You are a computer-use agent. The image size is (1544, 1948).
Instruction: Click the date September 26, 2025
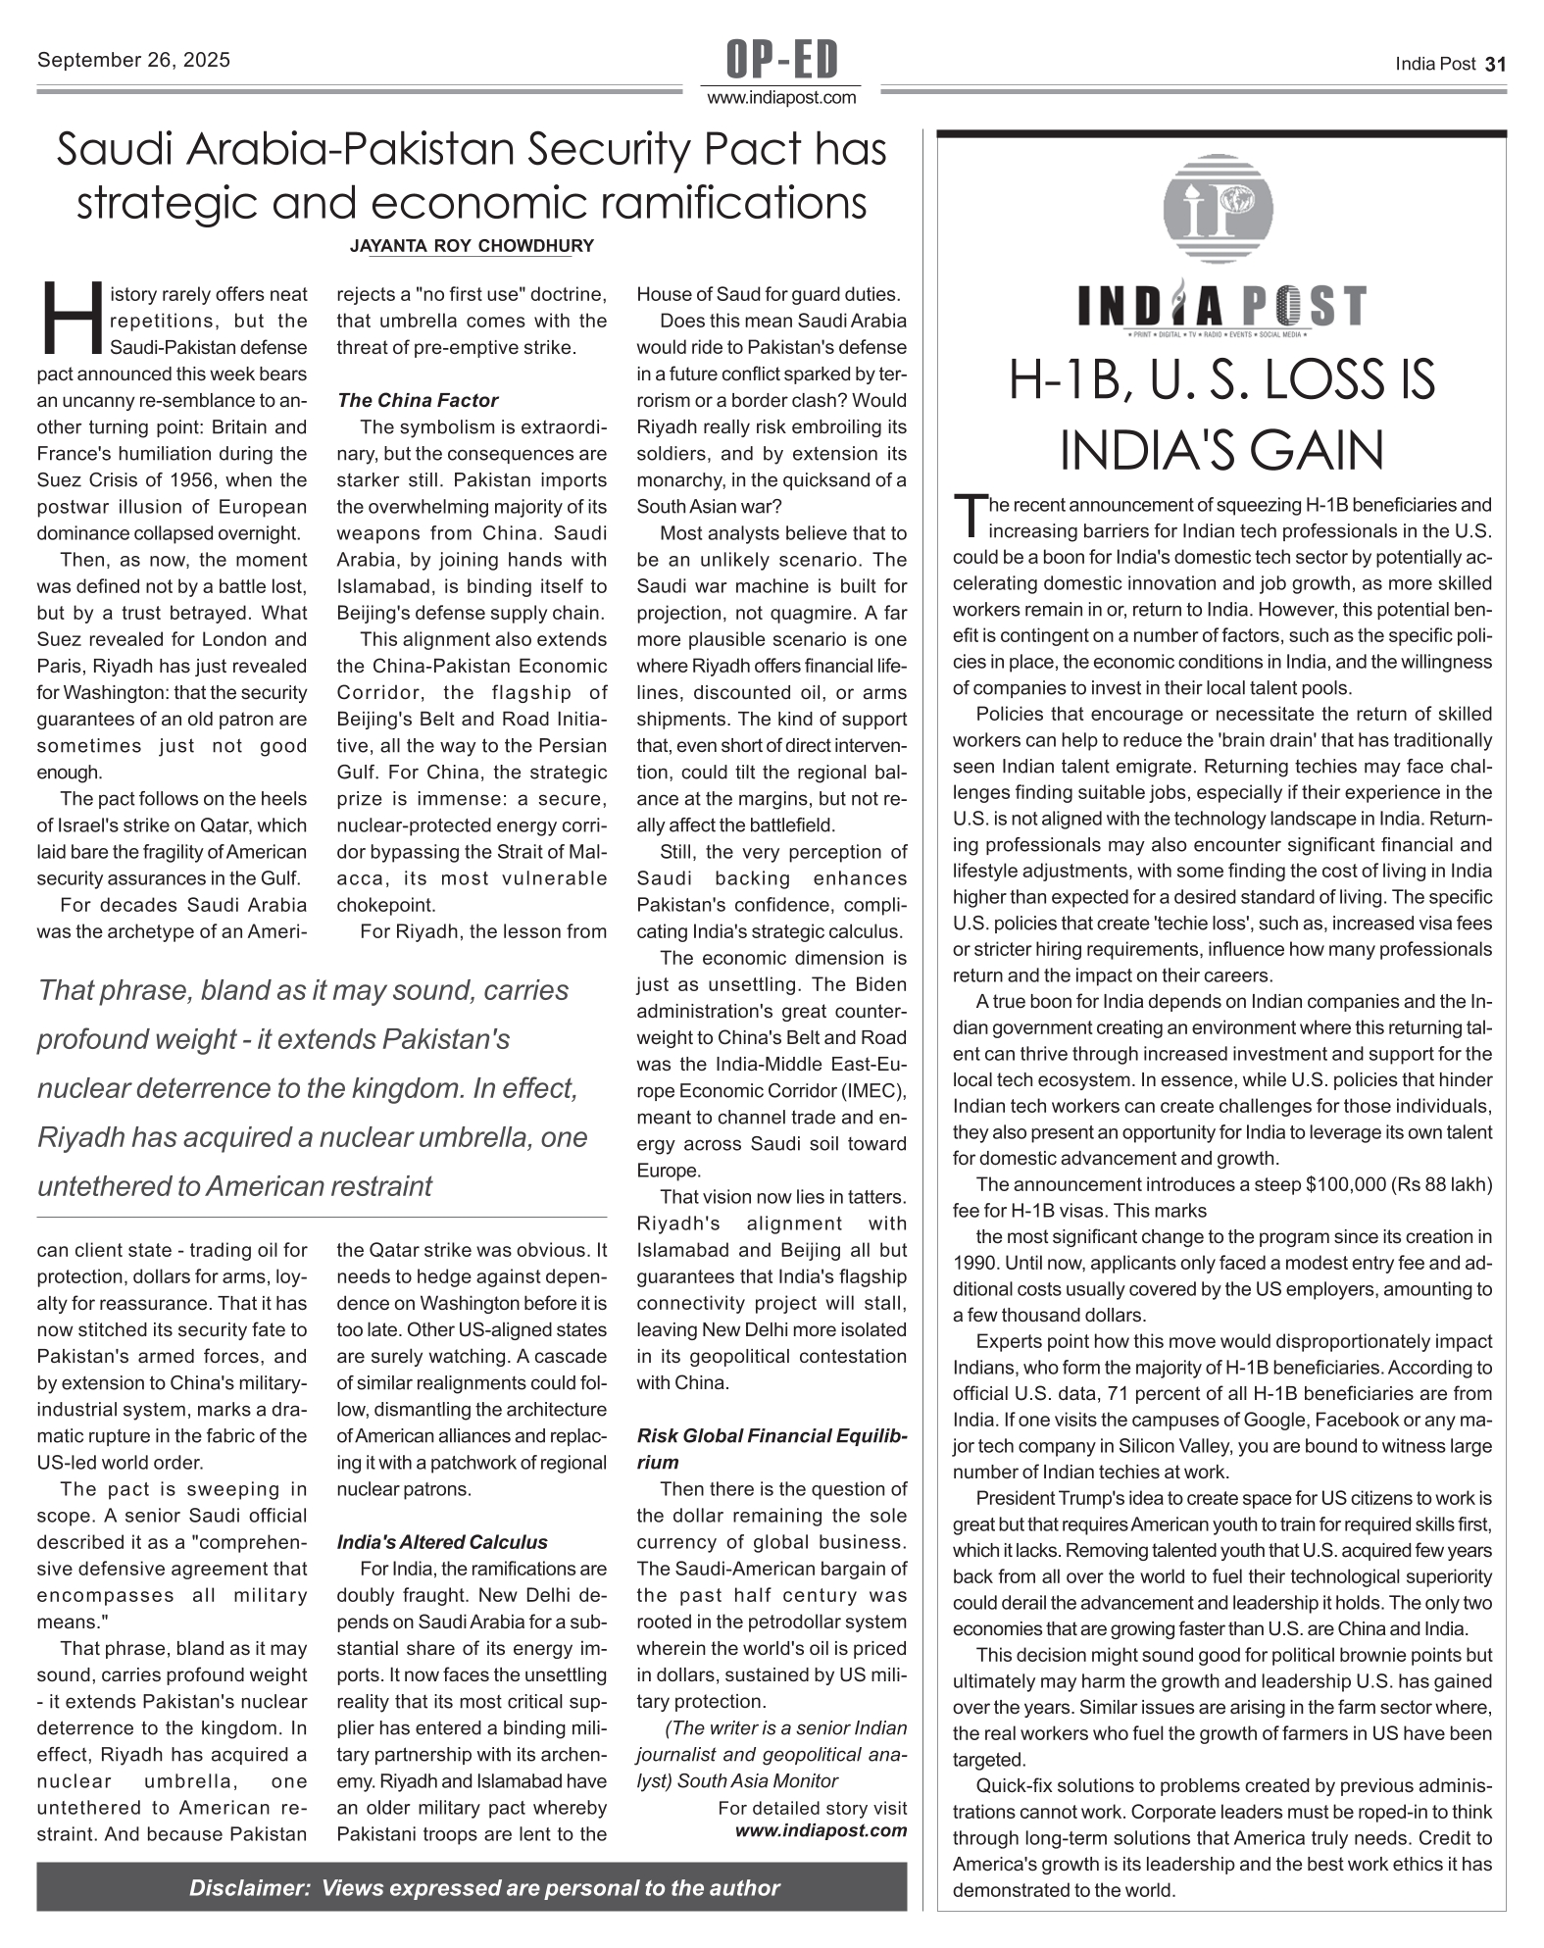point(133,60)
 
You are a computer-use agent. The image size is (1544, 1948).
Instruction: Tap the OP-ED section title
point(781,60)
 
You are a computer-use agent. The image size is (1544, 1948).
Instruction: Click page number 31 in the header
point(1495,65)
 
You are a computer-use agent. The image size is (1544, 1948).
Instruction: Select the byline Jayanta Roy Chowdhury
point(472,246)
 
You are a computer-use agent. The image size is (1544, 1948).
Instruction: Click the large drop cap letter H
point(71,320)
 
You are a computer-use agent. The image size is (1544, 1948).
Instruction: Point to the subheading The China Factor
point(418,400)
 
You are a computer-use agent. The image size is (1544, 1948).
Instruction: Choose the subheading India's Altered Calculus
point(442,1542)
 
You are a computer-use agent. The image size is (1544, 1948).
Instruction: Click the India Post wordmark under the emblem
point(1221,307)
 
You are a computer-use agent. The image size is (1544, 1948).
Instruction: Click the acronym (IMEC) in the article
point(868,1091)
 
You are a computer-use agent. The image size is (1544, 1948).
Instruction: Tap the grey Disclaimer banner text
point(484,1887)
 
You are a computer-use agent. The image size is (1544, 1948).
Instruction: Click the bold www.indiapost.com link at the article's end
point(821,1830)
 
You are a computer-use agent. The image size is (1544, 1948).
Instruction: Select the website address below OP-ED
point(781,98)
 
